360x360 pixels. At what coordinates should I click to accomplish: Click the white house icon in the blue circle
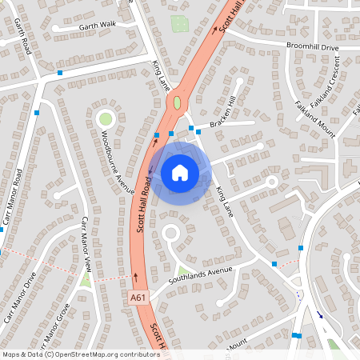[x=180, y=172]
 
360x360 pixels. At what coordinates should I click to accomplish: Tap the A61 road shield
[x=139, y=297]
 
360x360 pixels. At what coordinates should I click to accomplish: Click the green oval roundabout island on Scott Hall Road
[x=177, y=102]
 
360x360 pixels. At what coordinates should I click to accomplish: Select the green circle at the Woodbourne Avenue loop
[x=105, y=119]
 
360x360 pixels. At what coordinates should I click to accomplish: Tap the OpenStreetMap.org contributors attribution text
[x=102, y=354]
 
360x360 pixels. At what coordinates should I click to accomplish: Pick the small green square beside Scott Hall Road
[x=180, y=24]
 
